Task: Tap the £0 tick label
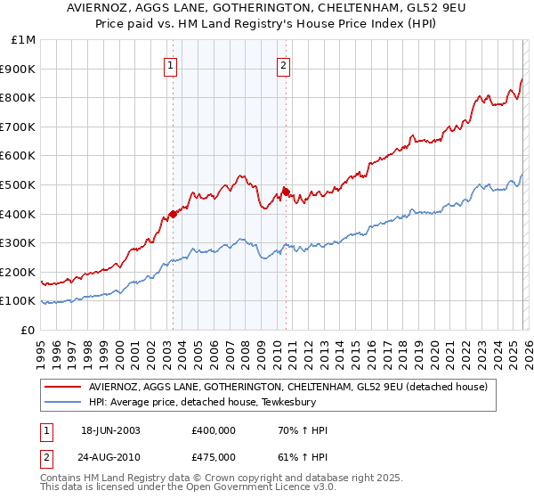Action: pyautogui.click(x=28, y=330)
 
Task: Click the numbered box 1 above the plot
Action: pyautogui.click(x=170, y=64)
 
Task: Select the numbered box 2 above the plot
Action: pyautogui.click(x=283, y=64)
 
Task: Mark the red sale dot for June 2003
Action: pyautogui.click(x=173, y=214)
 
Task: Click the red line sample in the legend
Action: pyautogui.click(x=64, y=388)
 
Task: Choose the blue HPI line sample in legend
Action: pyautogui.click(x=64, y=403)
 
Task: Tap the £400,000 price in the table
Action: pyautogui.click(x=213, y=430)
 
